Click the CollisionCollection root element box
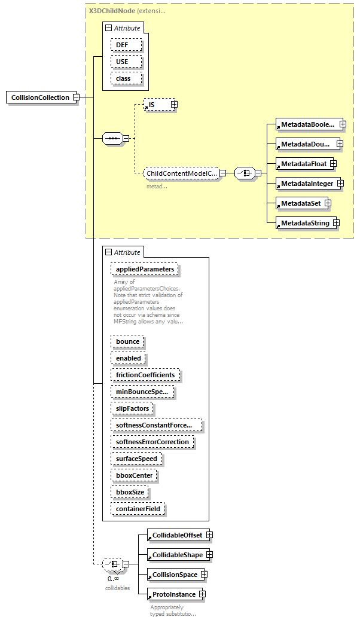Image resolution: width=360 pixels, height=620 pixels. coord(41,97)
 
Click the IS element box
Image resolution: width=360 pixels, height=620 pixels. coord(157,105)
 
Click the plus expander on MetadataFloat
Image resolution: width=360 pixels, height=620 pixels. coord(333,163)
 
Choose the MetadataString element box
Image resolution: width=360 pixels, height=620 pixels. coord(304,223)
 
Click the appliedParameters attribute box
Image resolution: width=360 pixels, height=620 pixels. coord(145,269)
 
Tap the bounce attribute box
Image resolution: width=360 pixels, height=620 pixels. coord(127,341)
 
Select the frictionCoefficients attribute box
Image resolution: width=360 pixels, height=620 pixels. coord(145,375)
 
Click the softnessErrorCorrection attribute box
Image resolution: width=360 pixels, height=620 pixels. coord(152,442)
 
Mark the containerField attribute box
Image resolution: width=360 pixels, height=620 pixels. coord(138,509)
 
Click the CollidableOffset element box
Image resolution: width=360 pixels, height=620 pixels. coord(177,535)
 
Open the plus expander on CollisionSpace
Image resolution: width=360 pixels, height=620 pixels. coord(205,575)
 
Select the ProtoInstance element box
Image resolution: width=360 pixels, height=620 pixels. coord(173,594)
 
